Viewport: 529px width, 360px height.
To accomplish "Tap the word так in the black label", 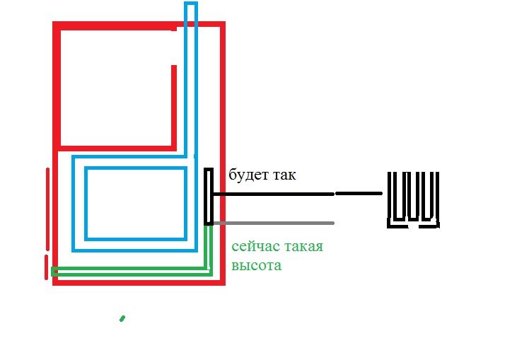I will click(x=282, y=175).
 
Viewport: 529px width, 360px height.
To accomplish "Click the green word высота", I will click(x=256, y=266).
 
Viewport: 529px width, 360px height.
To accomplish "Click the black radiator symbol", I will click(x=413, y=199).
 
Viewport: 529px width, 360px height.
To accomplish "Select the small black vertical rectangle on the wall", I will click(x=209, y=197).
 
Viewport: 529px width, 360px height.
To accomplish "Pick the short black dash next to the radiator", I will click(x=359, y=192).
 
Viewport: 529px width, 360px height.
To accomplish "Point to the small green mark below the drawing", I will click(x=122, y=318).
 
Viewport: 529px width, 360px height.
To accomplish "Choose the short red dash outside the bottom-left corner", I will click(x=47, y=267).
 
